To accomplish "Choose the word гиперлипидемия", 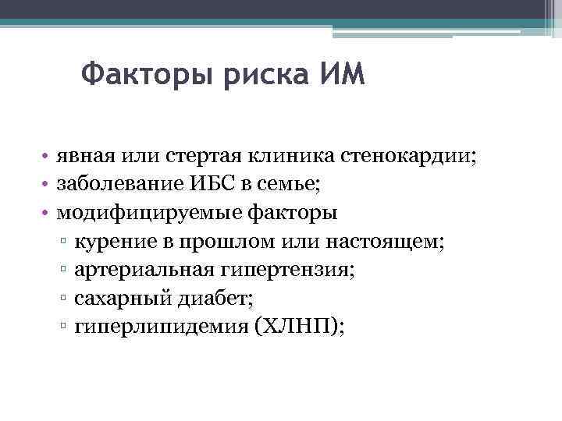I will click(157, 327).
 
